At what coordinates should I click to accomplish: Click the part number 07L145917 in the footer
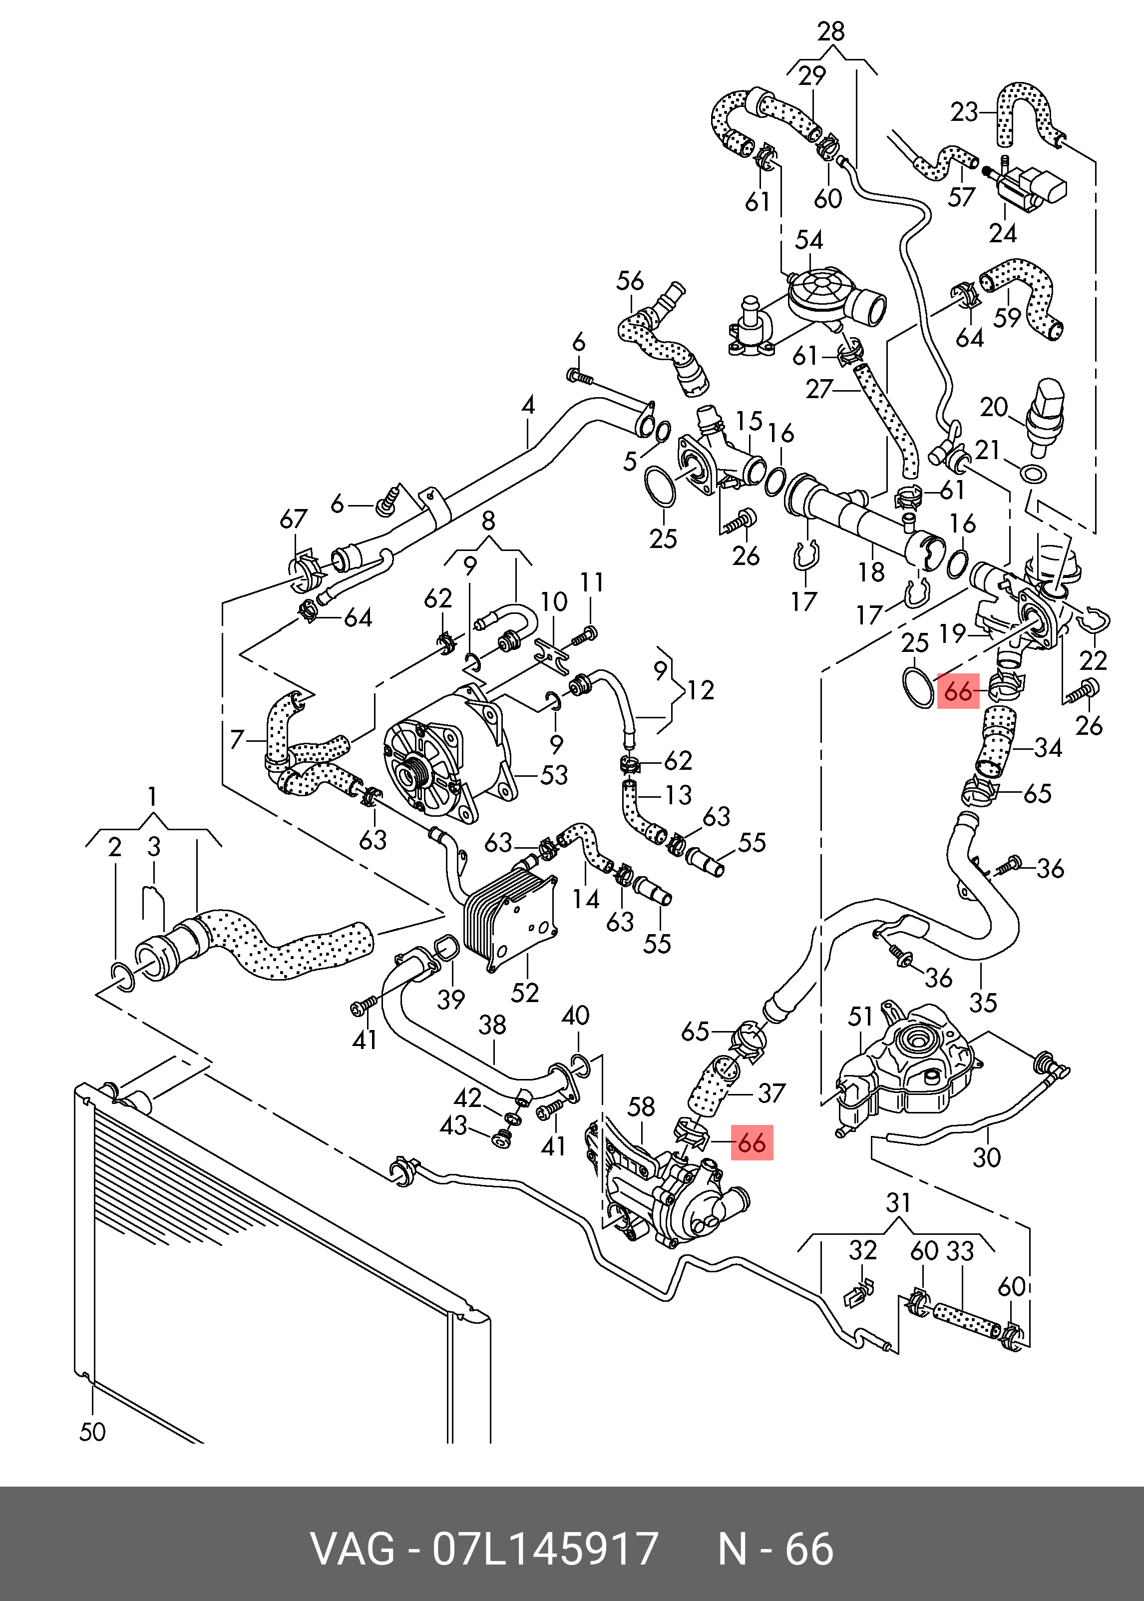click(545, 1549)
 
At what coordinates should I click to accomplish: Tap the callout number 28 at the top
click(831, 31)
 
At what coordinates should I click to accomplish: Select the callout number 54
click(809, 240)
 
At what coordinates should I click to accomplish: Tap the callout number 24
click(1002, 233)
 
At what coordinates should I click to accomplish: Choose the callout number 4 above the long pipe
click(528, 405)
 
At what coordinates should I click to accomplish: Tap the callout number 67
click(294, 520)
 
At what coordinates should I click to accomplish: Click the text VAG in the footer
click(353, 1549)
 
